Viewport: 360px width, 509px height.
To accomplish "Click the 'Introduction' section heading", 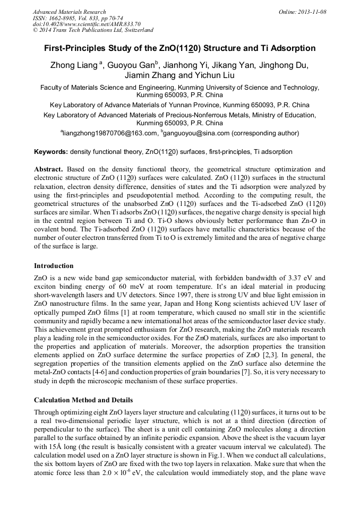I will (54, 265).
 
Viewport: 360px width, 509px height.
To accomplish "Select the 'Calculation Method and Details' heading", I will (83, 400).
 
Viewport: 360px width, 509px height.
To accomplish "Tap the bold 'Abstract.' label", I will (49, 168).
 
